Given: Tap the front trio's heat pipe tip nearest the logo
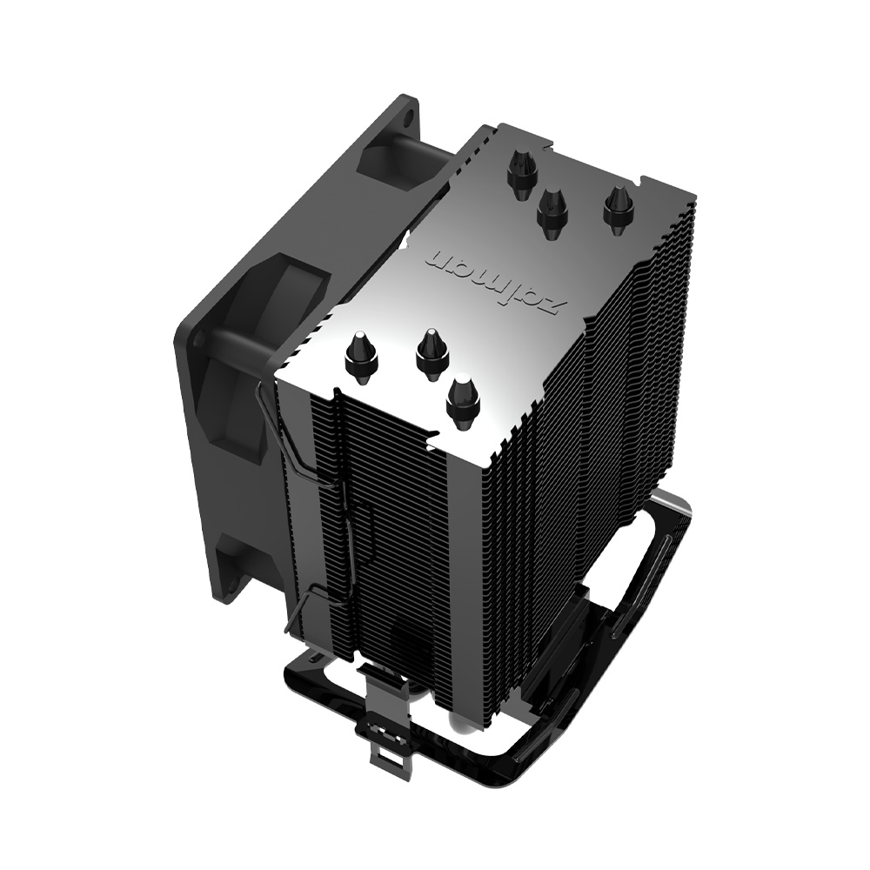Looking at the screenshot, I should click(x=431, y=352).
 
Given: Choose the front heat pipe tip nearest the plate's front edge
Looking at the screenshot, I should click(x=463, y=400).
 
